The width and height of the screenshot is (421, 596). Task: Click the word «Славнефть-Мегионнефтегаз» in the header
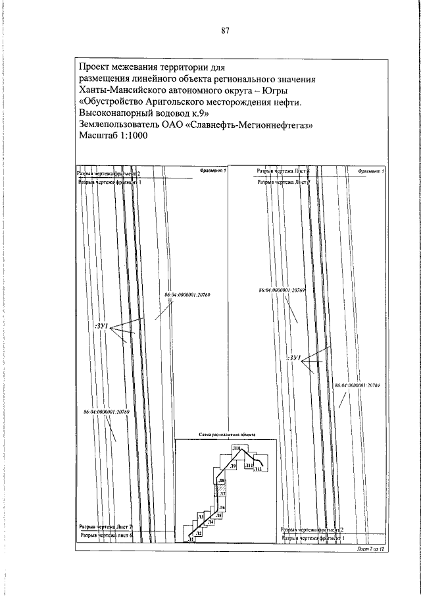[251, 124]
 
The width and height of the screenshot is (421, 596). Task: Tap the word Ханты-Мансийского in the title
[122, 90]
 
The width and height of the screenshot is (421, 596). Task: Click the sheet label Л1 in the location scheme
[190, 539]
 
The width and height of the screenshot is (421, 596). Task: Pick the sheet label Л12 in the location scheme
[258, 469]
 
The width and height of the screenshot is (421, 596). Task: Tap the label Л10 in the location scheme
[236, 448]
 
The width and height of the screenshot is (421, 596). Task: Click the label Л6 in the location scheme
[222, 507]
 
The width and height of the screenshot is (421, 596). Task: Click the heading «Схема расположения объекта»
[226, 435]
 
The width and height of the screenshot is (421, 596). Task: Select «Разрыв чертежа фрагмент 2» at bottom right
[313, 529]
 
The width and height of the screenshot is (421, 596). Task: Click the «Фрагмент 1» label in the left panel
[211, 171]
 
